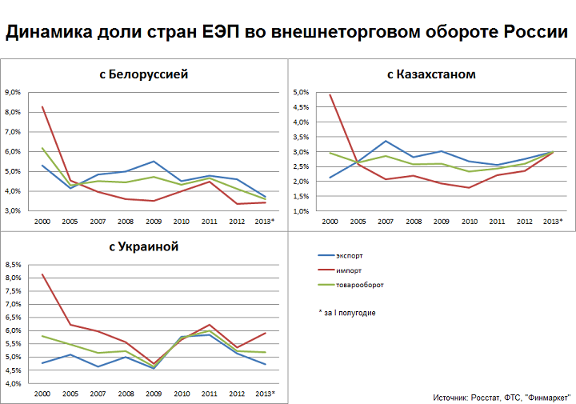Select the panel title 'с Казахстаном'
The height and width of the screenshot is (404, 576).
pos(431,74)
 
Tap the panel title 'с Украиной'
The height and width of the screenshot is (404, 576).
pos(145,246)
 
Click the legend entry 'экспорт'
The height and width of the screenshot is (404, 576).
pos(349,256)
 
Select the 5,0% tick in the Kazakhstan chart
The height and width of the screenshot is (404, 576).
pos(300,92)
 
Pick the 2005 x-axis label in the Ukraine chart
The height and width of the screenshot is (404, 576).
pos(70,394)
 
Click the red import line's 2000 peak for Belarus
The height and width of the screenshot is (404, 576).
pos(42,106)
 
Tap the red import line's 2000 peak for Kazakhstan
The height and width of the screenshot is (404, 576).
pos(330,95)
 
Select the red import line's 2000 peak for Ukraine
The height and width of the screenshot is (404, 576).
pos(42,274)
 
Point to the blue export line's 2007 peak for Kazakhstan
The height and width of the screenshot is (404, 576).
pos(385,141)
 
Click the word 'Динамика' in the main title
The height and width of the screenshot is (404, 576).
pos(49,34)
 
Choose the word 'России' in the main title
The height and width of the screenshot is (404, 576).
pos(535,34)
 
